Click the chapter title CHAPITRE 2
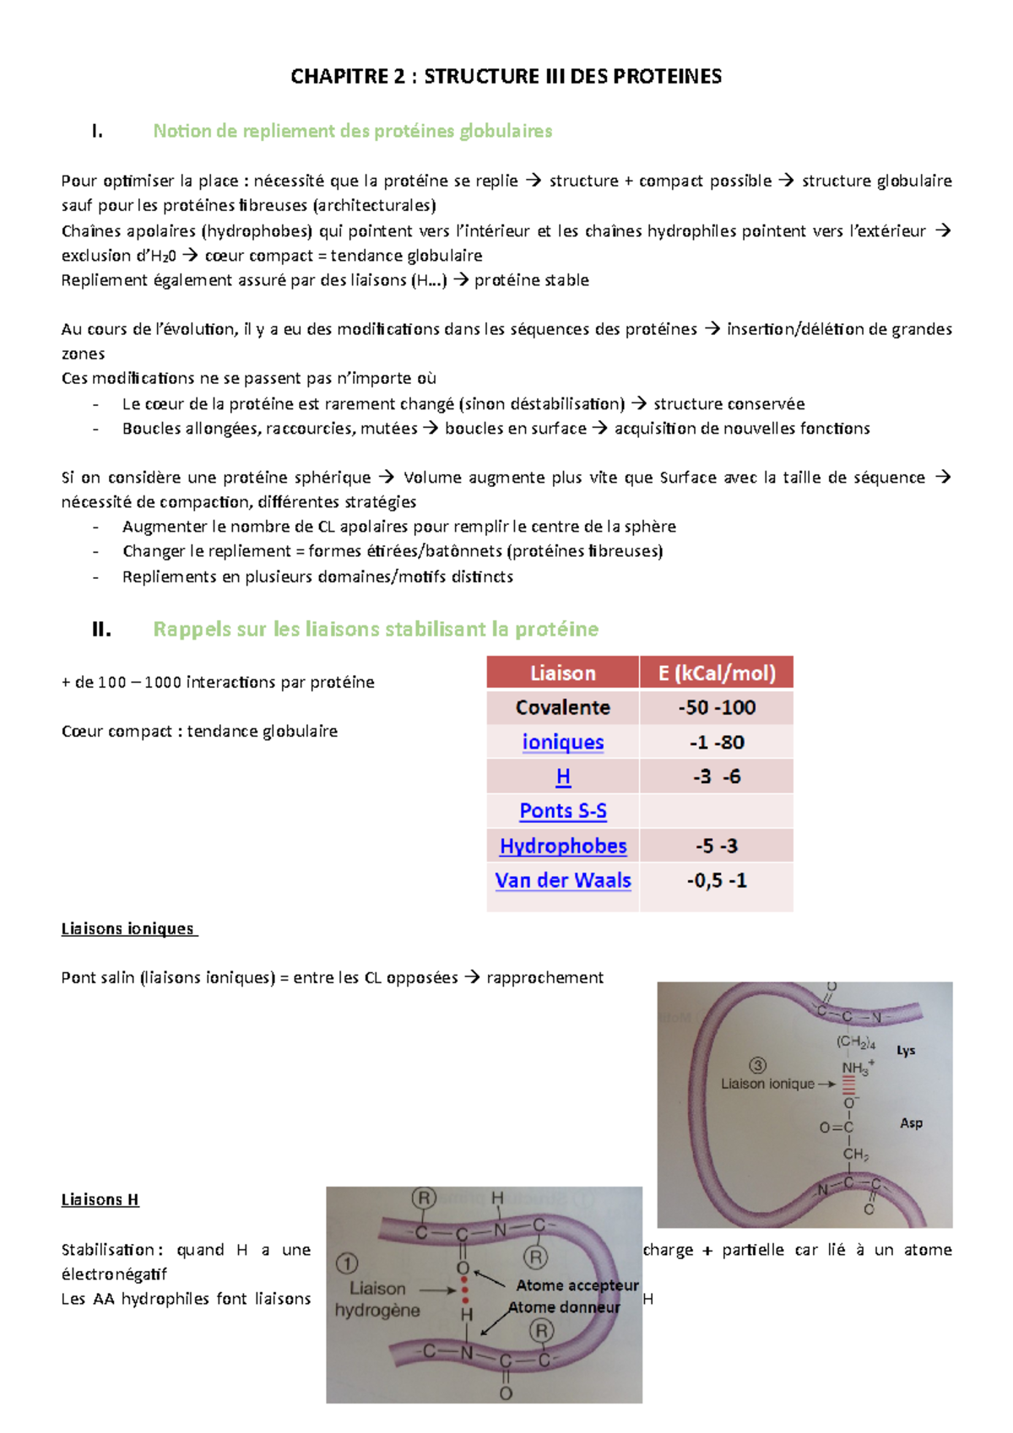pos(506,77)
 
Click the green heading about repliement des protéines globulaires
pos(352,131)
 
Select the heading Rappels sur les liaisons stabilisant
pos(376,629)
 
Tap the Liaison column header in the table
pos(562,673)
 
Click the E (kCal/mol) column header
pos(716,673)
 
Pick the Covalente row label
pos(562,707)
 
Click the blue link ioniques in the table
pos(562,742)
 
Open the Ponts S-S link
pos(562,811)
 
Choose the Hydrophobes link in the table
pos(562,846)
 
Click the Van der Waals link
pos(562,880)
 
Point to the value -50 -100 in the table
pos(716,707)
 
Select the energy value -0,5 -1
pos(716,880)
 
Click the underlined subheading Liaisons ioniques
pos(128,928)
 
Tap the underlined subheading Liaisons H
pos(100,1199)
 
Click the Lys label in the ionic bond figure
pos(906,1051)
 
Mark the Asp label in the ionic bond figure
pos(911,1123)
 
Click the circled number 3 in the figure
pos(757,1065)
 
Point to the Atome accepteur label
pos(577,1285)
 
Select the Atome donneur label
pos(564,1307)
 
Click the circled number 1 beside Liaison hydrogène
pos(347,1263)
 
